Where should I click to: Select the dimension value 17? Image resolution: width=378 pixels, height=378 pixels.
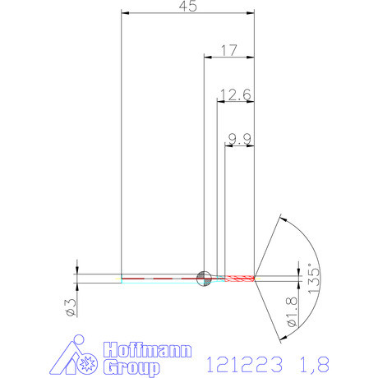pyautogui.click(x=228, y=51)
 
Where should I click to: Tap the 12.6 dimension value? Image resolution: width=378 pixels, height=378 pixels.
pyautogui.click(x=234, y=94)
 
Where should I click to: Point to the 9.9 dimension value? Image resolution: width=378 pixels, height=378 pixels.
pyautogui.click(x=239, y=140)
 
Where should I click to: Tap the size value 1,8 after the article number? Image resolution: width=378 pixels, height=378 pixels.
pyautogui.click(x=303, y=362)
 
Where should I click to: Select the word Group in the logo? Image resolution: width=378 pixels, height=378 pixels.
pyautogui.click(x=132, y=366)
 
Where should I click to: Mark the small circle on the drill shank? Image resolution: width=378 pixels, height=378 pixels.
pyautogui.click(x=204, y=277)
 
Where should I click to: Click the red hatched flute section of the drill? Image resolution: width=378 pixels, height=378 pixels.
pyautogui.click(x=240, y=278)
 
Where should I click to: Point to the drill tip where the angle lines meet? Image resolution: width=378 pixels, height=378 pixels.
pyautogui.click(x=256, y=278)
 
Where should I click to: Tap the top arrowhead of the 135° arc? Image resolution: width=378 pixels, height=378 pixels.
pyautogui.click(x=282, y=219)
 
